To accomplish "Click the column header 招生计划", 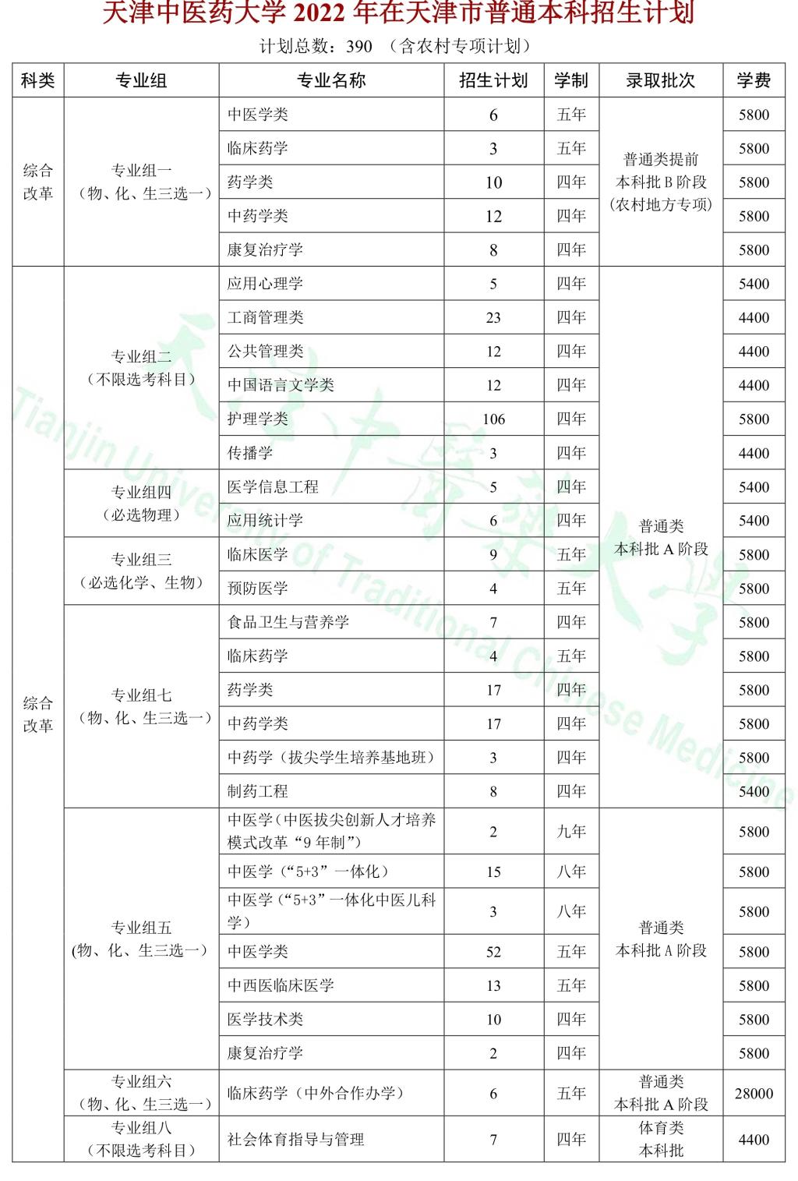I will tap(493, 80).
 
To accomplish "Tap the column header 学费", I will tap(754, 80).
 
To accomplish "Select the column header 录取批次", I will tap(660, 80).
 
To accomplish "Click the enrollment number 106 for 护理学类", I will tap(493, 419).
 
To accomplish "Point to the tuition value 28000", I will tap(754, 1094).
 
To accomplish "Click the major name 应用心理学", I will tap(265, 284).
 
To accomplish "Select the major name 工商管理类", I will tap(265, 317).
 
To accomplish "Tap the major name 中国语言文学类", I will tap(281, 385).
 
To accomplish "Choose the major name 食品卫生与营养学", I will tap(288, 622).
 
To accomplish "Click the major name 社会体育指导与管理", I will tap(296, 1140).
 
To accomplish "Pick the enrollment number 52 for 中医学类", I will tap(493, 952).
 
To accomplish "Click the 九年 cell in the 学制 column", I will tap(571, 832).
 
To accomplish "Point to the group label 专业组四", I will tap(141, 493).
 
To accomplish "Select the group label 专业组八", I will tap(141, 1128).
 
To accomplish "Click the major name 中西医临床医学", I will tap(281, 985).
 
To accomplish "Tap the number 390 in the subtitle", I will tap(359, 47).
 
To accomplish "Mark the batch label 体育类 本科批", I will tap(661, 1139).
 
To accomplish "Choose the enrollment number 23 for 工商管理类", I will tap(493, 318).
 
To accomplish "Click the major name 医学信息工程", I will tap(273, 487).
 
